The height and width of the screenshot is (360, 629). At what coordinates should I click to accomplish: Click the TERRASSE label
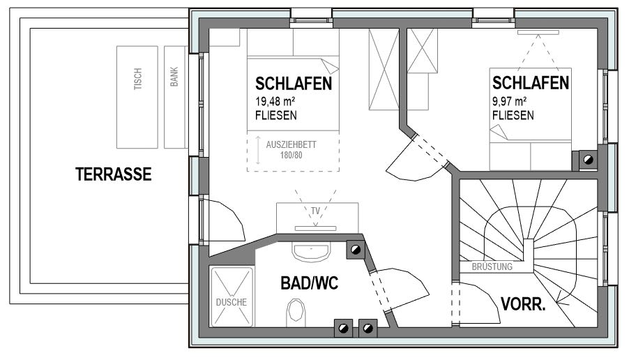coord(114,174)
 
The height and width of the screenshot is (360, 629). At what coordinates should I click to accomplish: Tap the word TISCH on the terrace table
coord(137,79)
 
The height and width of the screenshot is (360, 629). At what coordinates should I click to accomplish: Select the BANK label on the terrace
coord(174,77)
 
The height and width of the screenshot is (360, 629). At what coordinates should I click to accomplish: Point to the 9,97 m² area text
coord(510,101)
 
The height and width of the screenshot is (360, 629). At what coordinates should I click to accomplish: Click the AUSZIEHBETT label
coord(291,144)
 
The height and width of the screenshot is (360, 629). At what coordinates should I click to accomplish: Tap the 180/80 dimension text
coord(291,155)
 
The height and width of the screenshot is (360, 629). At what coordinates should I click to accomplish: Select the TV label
coord(316,211)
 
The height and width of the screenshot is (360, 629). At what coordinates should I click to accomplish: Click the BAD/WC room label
coord(310,283)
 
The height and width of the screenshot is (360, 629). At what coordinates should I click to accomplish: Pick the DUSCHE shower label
coord(232,302)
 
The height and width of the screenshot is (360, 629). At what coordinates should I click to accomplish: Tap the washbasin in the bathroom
coord(311,252)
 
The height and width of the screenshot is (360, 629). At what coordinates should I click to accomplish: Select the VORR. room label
coord(524,304)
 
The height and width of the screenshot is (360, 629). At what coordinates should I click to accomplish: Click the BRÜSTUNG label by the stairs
coord(492,267)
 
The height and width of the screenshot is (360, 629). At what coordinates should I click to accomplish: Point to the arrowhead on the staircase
coord(561,297)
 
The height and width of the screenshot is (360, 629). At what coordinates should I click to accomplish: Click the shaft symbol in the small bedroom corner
coord(588,160)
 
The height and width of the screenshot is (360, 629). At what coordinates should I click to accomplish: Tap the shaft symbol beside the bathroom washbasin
coord(356,250)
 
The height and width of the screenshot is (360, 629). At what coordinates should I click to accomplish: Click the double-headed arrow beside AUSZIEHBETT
coord(258,151)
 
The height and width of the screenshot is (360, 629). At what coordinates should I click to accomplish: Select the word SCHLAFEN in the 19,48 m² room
coord(294,84)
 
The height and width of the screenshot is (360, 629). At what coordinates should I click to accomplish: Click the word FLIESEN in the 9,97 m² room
coord(513,116)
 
